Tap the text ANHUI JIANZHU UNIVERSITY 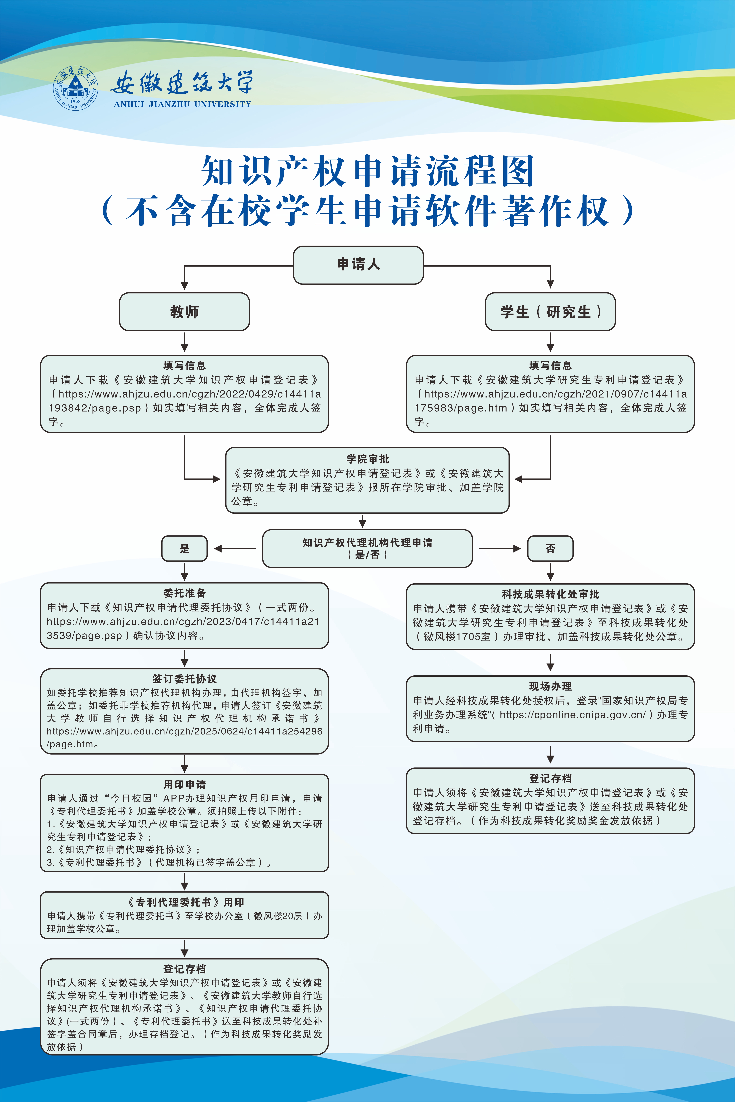pos(182,104)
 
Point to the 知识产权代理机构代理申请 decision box pos(367,548)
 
